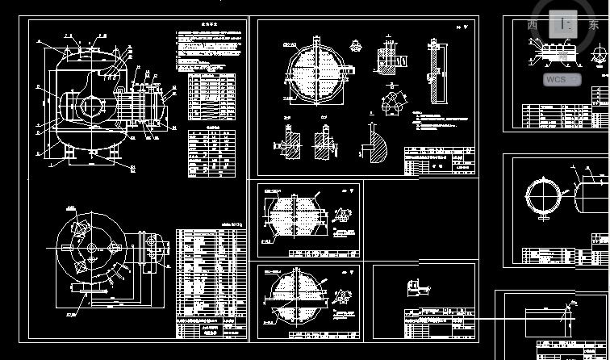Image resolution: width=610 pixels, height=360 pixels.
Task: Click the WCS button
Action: click(562, 79)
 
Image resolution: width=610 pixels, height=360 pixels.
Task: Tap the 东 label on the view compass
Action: click(594, 25)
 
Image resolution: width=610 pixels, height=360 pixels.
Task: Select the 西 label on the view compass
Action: click(533, 25)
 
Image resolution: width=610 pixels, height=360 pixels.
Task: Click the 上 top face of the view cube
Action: click(564, 24)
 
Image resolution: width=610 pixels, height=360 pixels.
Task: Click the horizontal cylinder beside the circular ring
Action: click(591, 196)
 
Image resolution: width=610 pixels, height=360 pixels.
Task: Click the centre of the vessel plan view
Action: click(90, 248)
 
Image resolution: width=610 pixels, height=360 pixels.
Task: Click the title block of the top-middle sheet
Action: click(440, 161)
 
